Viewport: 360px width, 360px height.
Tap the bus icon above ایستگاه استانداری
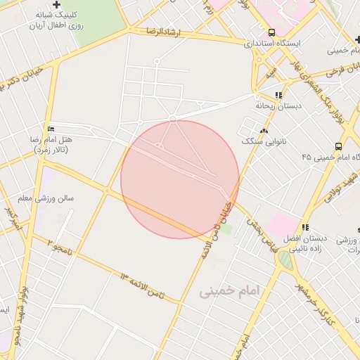(271, 32)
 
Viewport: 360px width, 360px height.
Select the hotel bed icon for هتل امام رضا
(49, 129)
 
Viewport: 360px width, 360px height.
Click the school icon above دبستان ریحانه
(278, 95)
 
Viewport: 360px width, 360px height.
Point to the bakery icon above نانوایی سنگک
(264, 131)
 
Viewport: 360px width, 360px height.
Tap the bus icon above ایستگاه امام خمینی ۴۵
(338, 146)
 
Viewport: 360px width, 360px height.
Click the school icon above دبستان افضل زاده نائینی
(304, 227)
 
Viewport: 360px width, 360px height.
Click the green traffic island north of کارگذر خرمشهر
(285, 259)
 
